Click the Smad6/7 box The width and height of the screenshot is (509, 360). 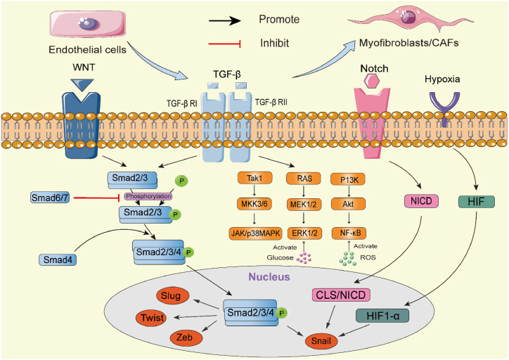coord(49,198)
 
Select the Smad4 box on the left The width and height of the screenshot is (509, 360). coord(58,259)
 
